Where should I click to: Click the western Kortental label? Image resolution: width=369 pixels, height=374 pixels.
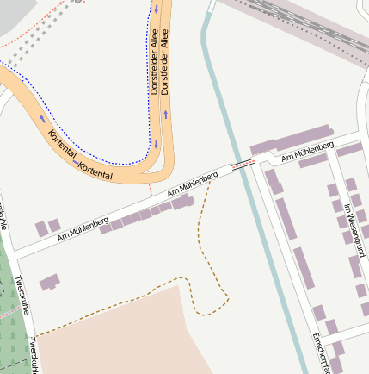click(x=62, y=147)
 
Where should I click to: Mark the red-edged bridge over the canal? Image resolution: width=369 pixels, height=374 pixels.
click(x=243, y=161)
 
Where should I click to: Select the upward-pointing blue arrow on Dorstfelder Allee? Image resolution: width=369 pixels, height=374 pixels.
click(x=166, y=114)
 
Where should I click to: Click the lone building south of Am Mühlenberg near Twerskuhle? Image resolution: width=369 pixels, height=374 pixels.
click(x=50, y=282)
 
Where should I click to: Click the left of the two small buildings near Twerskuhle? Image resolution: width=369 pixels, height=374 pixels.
click(x=40, y=228)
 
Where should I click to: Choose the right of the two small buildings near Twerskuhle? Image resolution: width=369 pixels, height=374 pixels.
click(x=54, y=225)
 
